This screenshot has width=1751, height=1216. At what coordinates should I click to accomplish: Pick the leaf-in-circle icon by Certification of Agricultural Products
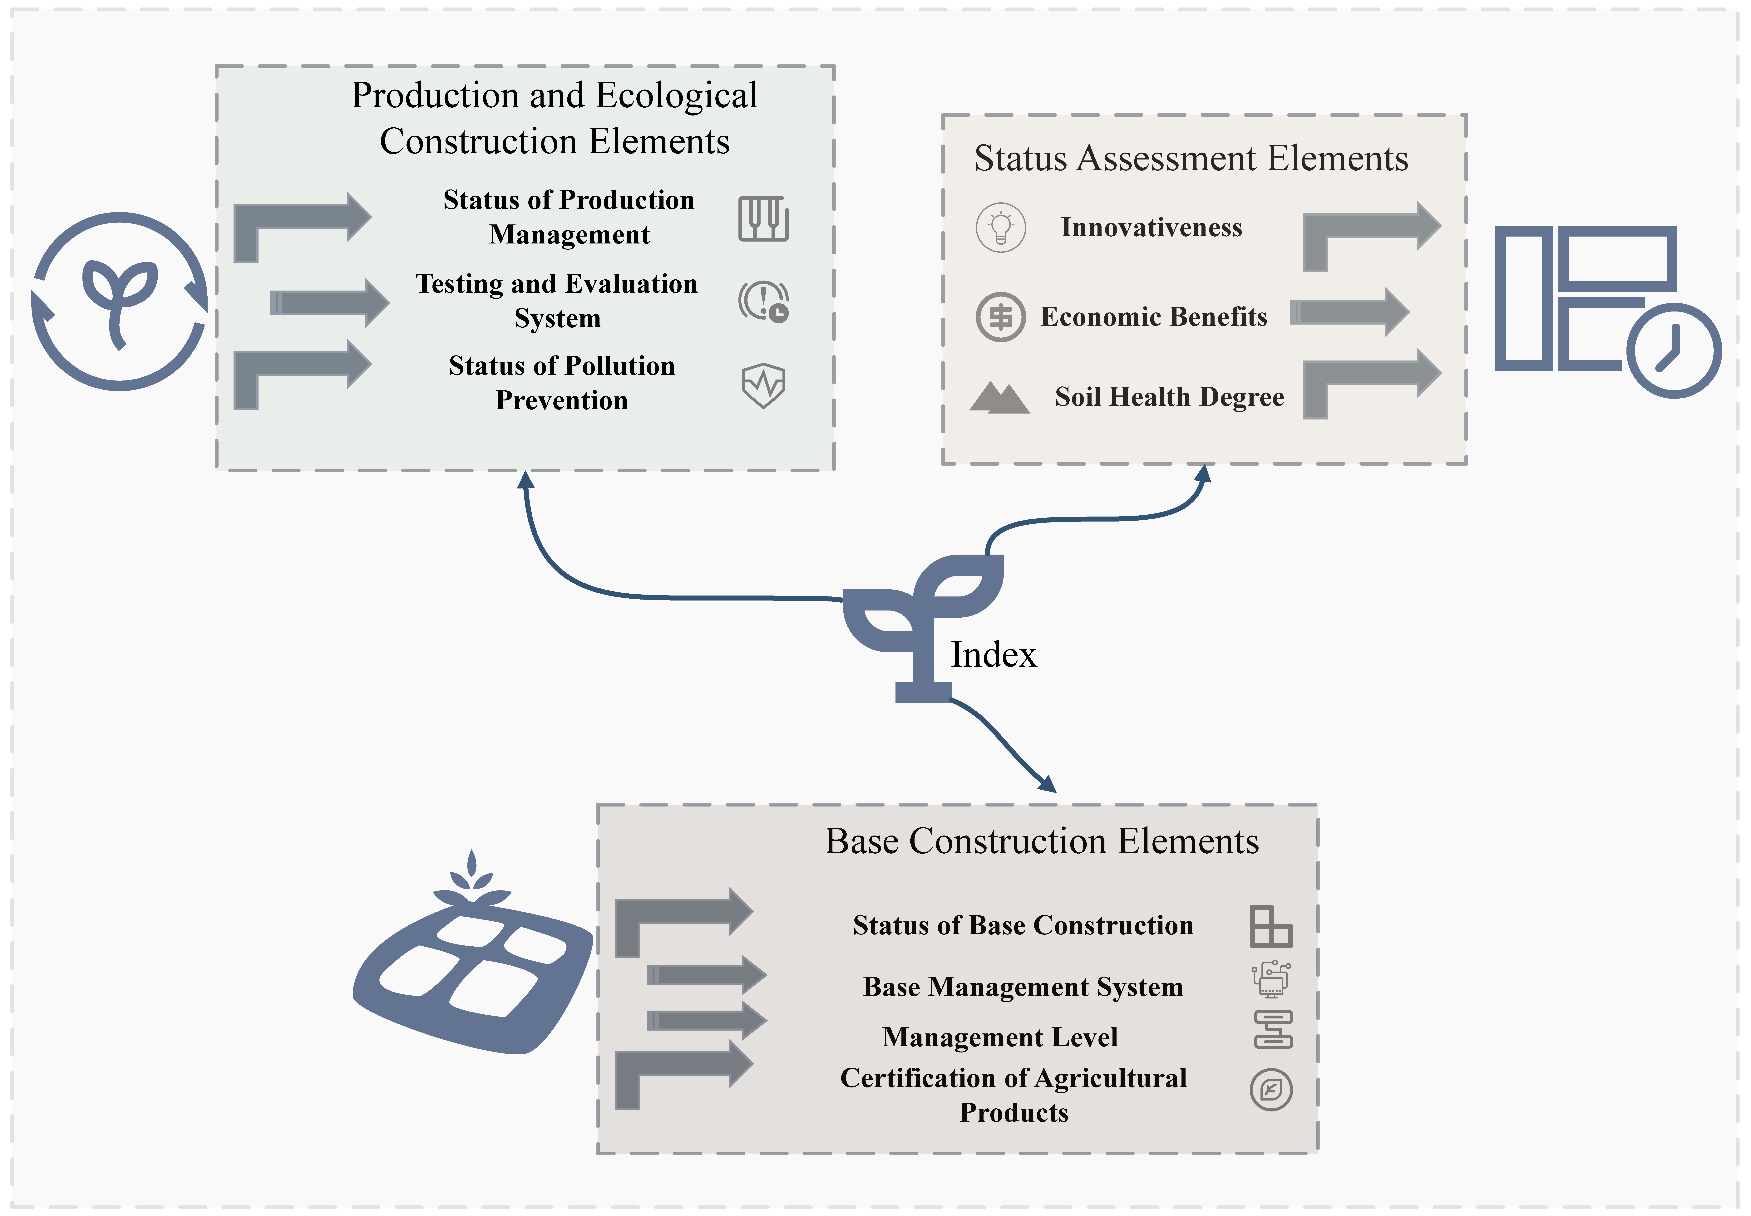[x=1271, y=1090]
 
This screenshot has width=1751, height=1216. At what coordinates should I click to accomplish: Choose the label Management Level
[x=1000, y=1037]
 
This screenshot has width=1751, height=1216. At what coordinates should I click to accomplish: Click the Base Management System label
[x=1023, y=987]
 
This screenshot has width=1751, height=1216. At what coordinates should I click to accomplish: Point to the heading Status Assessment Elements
[x=1191, y=159]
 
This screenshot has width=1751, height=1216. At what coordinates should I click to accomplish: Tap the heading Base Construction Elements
[x=1042, y=841]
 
